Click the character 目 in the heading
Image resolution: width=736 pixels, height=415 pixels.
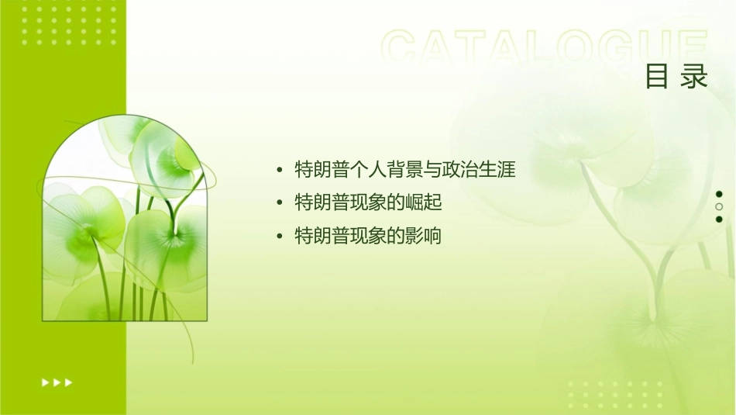[657, 77]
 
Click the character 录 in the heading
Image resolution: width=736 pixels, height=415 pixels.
[695, 77]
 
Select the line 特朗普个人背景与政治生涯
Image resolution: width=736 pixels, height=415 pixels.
[405, 169]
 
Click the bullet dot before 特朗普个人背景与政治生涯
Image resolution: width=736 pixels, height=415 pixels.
[280, 170]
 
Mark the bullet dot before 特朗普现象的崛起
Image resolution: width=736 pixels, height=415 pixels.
[280, 203]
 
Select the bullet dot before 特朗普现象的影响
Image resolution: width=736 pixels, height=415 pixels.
[280, 237]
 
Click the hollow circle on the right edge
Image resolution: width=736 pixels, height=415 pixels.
[719, 206]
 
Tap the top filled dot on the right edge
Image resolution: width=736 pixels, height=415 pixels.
[719, 194]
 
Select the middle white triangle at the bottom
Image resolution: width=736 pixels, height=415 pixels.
[57, 382]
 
